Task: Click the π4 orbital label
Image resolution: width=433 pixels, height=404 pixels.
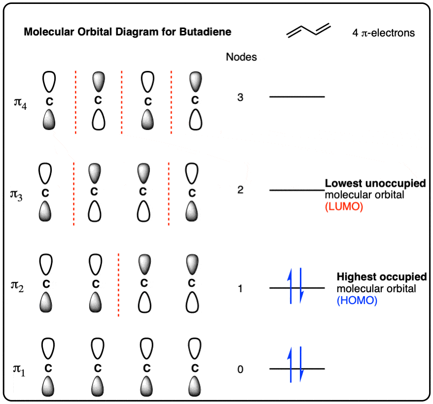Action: [20, 103]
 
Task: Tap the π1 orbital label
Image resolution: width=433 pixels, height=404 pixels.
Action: [19, 370]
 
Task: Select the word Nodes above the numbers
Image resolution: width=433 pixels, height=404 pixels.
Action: [241, 57]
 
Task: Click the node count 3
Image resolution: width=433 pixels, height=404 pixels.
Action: [240, 97]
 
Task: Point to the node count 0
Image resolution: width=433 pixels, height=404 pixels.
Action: [240, 369]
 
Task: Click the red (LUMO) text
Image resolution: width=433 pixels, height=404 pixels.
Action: [344, 206]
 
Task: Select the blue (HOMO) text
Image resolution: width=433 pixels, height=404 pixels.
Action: [357, 300]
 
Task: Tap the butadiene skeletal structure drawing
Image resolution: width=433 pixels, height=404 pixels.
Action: [308, 31]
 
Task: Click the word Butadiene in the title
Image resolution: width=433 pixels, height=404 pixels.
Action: [205, 32]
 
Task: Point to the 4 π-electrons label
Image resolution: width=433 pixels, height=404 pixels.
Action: [383, 33]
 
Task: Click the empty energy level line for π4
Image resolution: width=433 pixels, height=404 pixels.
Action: [297, 97]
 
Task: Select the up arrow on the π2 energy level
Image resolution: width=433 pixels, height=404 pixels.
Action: [290, 286]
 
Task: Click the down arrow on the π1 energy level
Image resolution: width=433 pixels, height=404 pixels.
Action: [301, 364]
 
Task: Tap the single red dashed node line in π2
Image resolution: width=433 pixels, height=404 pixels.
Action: [118, 285]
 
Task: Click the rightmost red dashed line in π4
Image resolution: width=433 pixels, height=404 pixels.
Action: [171, 102]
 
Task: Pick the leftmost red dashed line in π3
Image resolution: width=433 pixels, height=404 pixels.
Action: [74, 194]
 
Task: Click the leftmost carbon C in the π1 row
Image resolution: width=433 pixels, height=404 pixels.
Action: [48, 368]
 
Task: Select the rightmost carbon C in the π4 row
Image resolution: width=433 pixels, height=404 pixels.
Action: [195, 100]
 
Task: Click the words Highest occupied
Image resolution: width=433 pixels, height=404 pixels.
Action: [382, 276]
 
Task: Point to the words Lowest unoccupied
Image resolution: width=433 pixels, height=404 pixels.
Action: [375, 183]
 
